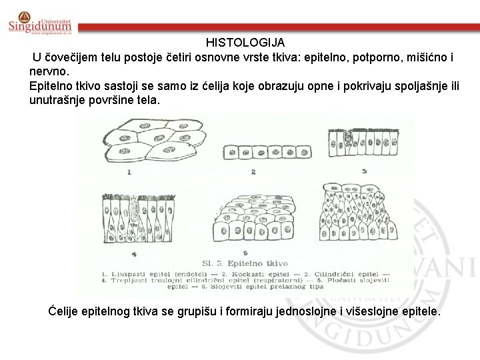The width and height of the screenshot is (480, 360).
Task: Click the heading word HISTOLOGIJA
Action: pyautogui.click(x=245, y=42)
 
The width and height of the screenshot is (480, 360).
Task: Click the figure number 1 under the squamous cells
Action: pyautogui.click(x=129, y=171)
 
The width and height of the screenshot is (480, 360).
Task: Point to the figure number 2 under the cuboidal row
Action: pyautogui.click(x=253, y=172)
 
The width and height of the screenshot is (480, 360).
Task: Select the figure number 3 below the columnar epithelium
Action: pyautogui.click(x=364, y=171)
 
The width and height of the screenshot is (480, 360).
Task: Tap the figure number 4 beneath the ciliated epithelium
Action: pyautogui.click(x=135, y=253)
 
